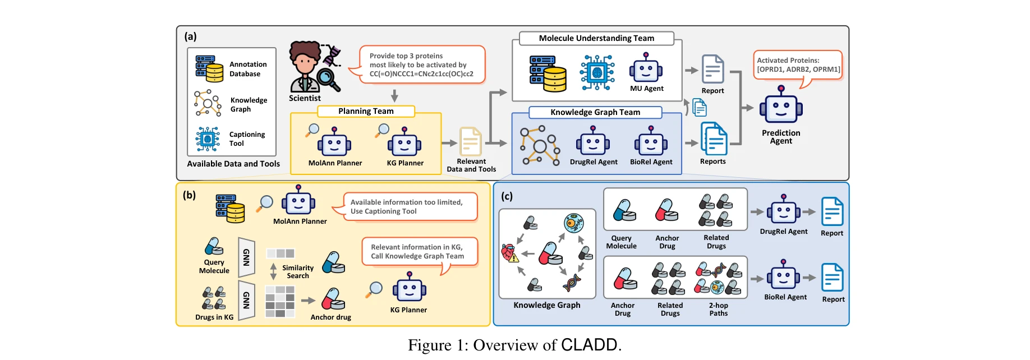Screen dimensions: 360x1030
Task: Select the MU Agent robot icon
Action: coord(646,69)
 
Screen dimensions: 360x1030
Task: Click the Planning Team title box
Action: coord(366,111)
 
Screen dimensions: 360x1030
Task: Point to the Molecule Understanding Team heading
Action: coord(596,38)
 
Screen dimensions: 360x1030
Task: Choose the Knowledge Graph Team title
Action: coord(595,112)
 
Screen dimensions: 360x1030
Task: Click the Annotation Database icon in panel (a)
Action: coord(209,68)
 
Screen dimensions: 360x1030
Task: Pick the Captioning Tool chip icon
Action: coord(208,139)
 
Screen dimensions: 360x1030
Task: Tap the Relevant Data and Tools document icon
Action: coord(471,142)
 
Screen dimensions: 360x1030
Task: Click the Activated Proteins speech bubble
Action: coord(798,65)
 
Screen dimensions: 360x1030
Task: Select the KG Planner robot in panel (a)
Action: coord(404,142)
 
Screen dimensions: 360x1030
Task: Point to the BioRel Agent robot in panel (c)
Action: coord(784,276)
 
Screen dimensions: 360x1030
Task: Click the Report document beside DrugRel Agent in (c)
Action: coord(832,211)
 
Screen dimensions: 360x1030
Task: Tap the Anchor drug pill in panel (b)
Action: coord(333,299)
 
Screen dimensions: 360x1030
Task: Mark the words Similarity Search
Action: coord(298,272)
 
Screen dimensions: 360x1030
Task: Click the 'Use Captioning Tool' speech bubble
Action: coord(409,207)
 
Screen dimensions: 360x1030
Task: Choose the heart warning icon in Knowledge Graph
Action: coord(509,253)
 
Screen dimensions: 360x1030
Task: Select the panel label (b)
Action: coord(189,195)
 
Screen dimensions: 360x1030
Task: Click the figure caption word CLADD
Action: coord(589,344)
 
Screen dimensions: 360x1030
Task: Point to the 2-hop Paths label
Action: coord(718,310)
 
